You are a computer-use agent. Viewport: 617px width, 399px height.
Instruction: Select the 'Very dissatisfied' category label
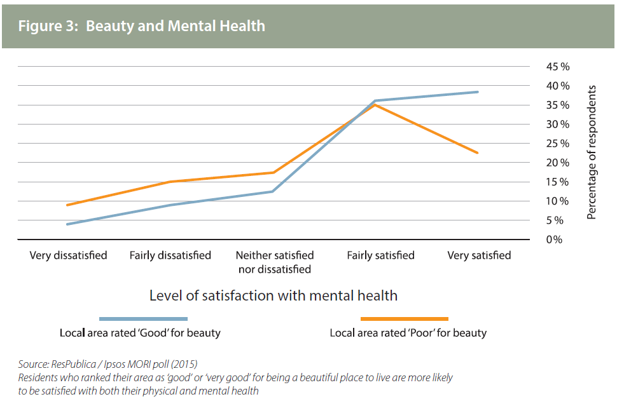click(68, 255)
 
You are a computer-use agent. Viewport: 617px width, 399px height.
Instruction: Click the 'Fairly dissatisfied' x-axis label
click(170, 255)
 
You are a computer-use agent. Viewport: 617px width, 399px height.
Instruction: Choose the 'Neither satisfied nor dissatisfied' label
click(275, 262)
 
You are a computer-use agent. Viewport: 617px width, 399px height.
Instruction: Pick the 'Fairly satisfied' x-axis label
click(380, 255)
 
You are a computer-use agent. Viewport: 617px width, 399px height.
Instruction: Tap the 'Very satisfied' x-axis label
click(479, 255)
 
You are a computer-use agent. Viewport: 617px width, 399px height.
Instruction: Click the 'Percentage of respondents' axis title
click(592, 152)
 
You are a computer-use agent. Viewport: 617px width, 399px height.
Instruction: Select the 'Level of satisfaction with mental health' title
click(273, 295)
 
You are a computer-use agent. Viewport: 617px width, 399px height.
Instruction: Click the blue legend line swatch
click(143, 318)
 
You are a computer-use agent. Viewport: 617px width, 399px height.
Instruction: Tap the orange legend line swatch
click(404, 318)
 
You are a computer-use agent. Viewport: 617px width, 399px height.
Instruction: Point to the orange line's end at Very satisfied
click(478, 152)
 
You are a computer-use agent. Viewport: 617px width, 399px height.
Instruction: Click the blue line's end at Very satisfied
click(478, 92)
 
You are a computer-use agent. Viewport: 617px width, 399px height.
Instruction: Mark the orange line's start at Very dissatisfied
click(67, 205)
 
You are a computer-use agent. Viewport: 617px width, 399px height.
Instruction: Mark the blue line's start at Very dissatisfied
click(67, 224)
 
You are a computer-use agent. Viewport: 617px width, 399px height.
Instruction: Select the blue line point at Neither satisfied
click(273, 191)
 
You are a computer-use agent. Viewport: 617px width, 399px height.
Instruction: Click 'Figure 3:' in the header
click(48, 26)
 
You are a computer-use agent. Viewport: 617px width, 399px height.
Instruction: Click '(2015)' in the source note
click(184, 363)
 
